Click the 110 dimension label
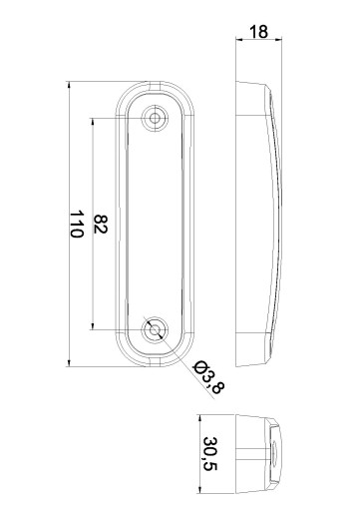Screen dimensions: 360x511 tap(76, 224)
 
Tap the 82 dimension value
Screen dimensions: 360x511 tap(100, 225)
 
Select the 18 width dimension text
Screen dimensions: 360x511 tap(258, 32)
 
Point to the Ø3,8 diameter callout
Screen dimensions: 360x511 tap(209, 377)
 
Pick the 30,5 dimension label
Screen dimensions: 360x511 tap(209, 454)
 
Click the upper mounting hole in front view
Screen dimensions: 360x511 tap(155, 118)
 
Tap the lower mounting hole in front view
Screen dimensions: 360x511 tap(155, 330)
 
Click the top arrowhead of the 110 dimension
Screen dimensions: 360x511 tap(69, 86)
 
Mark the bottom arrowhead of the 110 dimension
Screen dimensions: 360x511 tap(69, 362)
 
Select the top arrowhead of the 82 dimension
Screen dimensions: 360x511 tap(93, 122)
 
